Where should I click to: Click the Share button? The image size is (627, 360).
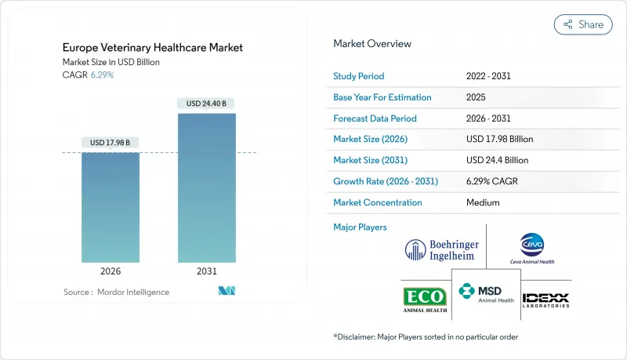pyautogui.click(x=583, y=24)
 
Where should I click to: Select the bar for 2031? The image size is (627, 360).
pyautogui.click(x=207, y=188)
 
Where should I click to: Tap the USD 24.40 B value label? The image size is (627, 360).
pyautogui.click(x=207, y=104)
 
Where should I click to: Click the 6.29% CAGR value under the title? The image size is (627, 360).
pyautogui.click(x=103, y=75)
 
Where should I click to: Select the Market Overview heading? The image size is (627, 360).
pyautogui.click(x=372, y=44)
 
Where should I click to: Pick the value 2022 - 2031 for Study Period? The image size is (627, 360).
pyautogui.click(x=493, y=77)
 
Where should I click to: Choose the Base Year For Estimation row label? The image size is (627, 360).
pyautogui.click(x=382, y=97)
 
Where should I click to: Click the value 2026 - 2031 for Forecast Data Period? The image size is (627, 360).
pyautogui.click(x=493, y=118)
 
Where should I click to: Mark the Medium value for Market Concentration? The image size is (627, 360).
pyautogui.click(x=483, y=202)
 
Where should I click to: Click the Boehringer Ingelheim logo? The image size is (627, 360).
pyautogui.click(x=441, y=249)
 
